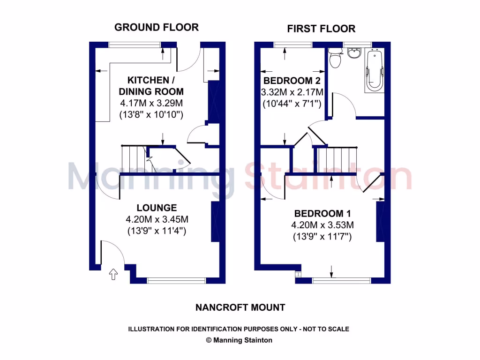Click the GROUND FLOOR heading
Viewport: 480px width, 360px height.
tap(156, 27)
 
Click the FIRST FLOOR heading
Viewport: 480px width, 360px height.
tap(321, 29)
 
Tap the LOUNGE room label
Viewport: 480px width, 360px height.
tap(157, 208)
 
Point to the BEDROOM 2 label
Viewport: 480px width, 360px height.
tap(291, 80)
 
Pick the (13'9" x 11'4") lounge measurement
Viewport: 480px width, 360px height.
tap(157, 231)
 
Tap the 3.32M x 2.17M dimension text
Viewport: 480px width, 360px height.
tap(291, 91)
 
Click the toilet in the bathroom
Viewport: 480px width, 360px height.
tap(335, 58)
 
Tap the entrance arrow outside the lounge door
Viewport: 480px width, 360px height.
tap(112, 274)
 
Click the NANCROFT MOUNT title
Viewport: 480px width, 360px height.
tap(240, 307)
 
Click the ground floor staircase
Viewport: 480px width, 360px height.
tap(133, 159)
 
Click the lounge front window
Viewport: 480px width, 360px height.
tap(176, 281)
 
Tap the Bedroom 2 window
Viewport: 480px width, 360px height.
tap(287, 45)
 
